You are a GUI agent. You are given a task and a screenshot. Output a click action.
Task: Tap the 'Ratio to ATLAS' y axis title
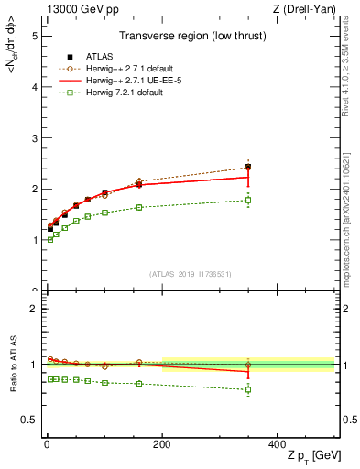tap(12, 364)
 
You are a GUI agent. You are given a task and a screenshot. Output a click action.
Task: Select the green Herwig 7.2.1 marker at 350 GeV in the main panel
tap(248, 200)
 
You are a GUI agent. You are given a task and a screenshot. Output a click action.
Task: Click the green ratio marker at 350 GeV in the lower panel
tap(248, 389)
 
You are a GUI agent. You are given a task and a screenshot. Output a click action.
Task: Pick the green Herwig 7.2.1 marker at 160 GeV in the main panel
tap(139, 207)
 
